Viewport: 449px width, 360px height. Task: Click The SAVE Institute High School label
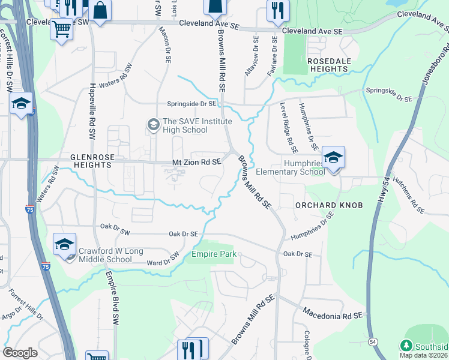[x=185, y=125]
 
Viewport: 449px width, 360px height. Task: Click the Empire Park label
[x=211, y=254]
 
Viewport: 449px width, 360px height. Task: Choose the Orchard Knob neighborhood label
[x=329, y=205]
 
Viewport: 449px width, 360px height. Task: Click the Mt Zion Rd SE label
[x=197, y=162]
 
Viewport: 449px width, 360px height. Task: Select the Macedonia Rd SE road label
[x=334, y=314]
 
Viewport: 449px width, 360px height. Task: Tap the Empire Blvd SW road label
[x=113, y=298]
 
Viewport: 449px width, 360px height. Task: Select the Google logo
[x=20, y=353]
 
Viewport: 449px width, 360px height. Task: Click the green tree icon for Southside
[x=406, y=346]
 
